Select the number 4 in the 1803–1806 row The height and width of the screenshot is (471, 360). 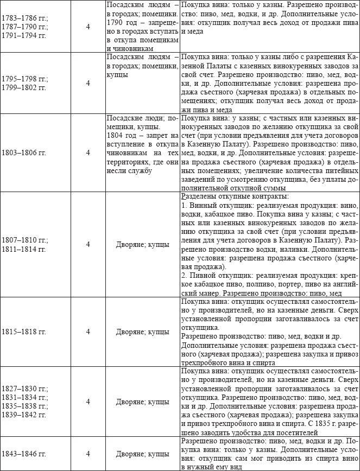88,152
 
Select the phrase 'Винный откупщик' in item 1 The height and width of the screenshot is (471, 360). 214,205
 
